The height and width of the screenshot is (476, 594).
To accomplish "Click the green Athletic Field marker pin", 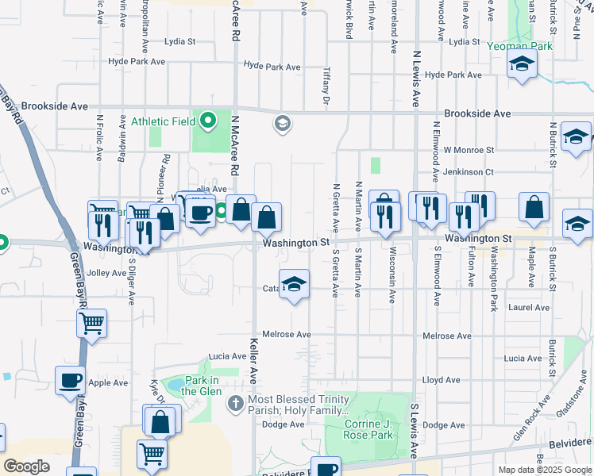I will pyautogui.click(x=208, y=121).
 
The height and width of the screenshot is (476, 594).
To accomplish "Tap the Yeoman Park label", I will pyautogui.click(x=520, y=46).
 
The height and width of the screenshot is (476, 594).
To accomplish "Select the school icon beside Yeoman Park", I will pyautogui.click(x=522, y=65).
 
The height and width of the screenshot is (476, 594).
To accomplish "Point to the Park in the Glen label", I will pyautogui.click(x=199, y=386).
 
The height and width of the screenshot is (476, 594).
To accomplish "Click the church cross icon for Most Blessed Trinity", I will pyautogui.click(x=235, y=404).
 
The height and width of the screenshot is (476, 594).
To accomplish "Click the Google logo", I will pyautogui.click(x=26, y=466).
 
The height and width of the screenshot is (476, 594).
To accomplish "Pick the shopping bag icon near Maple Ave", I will pyautogui.click(x=534, y=207).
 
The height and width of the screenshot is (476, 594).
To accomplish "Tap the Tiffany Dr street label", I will pyautogui.click(x=326, y=85).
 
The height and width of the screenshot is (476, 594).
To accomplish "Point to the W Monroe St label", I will pyautogui.click(x=469, y=149).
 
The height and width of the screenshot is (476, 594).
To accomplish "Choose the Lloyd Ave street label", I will pyautogui.click(x=442, y=381).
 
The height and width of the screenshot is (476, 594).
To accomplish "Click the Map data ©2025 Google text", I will pyautogui.click(x=544, y=470).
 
